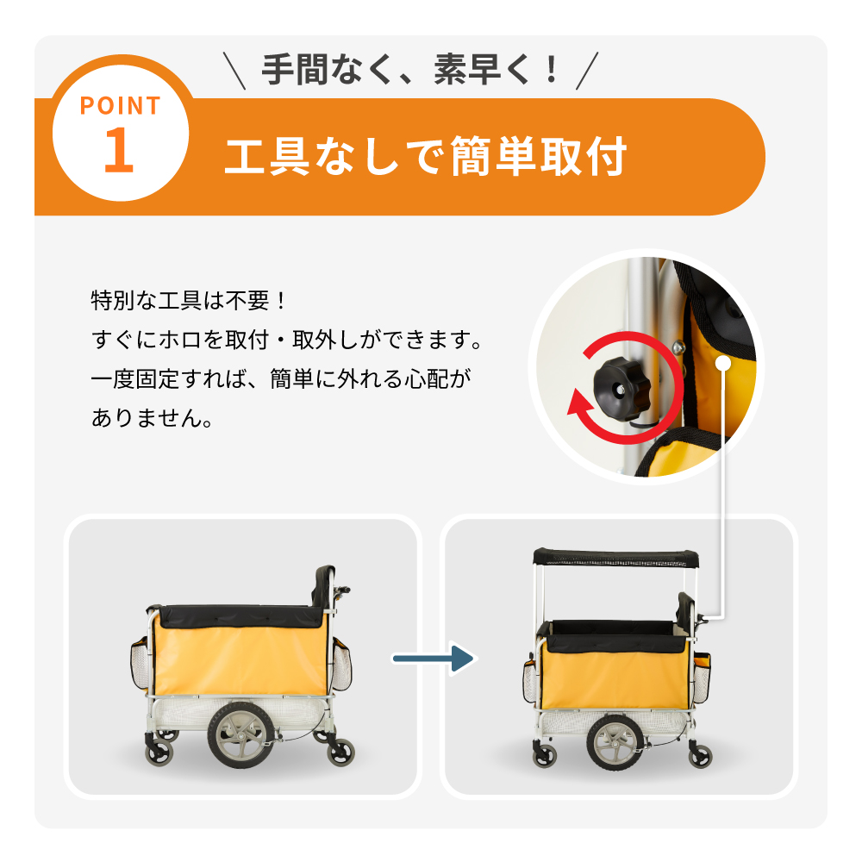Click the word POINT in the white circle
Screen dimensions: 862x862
click(x=121, y=105)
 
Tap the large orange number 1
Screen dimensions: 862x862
click(x=119, y=149)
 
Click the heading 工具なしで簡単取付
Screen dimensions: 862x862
click(x=426, y=157)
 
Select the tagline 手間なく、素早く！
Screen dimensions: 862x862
click(x=410, y=70)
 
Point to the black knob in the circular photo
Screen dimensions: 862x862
click(x=622, y=385)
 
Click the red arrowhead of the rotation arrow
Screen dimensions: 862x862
click(x=580, y=408)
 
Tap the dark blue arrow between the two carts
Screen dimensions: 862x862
click(x=433, y=658)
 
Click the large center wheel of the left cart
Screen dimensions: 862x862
click(x=240, y=735)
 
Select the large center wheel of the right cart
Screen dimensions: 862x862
click(x=615, y=742)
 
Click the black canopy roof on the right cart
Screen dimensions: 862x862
click(x=615, y=558)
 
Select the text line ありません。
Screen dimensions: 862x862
click(x=153, y=418)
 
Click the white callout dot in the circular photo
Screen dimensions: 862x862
click(x=723, y=363)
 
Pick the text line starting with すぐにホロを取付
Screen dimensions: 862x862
click(x=287, y=340)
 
